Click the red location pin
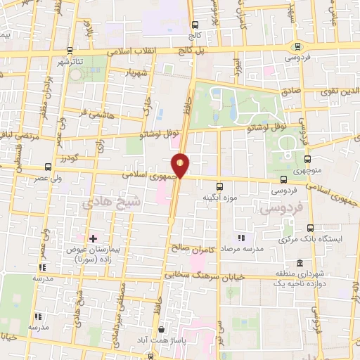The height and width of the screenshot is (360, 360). click(181, 165)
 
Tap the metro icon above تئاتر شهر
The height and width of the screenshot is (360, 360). click(70, 51)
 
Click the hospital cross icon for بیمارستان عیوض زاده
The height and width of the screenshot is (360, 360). click(91, 239)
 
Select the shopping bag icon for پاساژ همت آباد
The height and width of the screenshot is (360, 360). click(162, 328)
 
